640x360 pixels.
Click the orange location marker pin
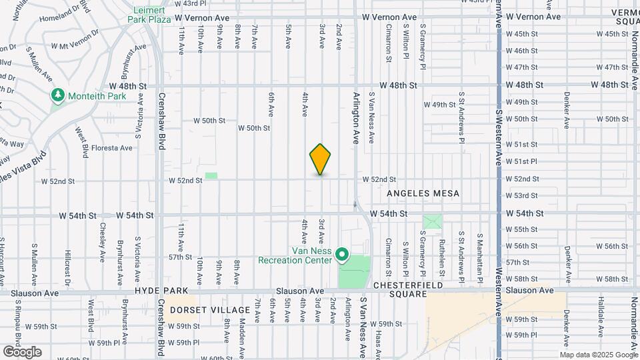[x=321, y=159]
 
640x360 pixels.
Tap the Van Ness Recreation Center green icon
[x=343, y=255]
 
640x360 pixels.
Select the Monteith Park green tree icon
[x=59, y=96]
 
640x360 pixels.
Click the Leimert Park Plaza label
[x=149, y=15]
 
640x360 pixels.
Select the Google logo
[x=22, y=352]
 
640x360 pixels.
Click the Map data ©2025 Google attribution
[x=599, y=354]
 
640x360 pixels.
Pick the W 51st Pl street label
[x=521, y=161]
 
